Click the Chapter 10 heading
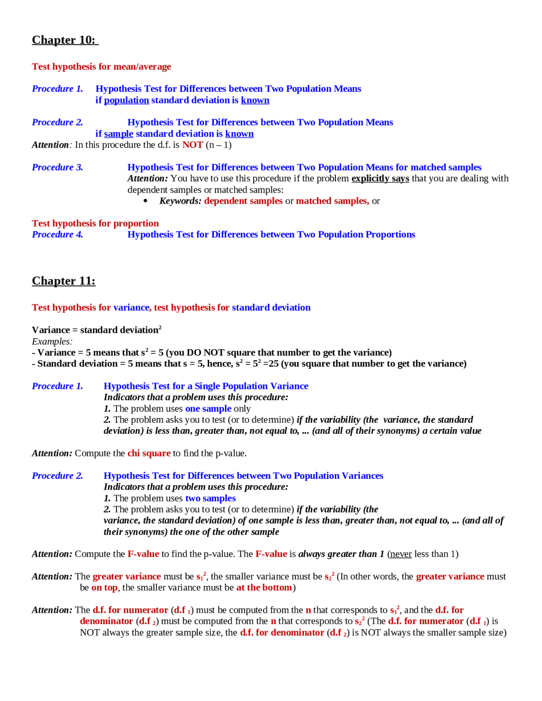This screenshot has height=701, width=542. pos(64,40)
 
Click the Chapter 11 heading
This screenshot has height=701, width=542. pos(64,281)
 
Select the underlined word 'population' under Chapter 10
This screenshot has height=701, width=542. pos(126,100)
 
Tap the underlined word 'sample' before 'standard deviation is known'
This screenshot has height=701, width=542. pos(119,134)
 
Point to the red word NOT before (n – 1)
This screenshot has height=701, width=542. pos(193,145)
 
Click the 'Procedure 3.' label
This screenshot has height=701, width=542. pos(57,167)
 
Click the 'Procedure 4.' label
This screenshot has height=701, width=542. pos(57,235)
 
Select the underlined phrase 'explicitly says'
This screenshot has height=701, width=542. pos(380,179)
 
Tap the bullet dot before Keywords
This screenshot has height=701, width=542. pos(146,201)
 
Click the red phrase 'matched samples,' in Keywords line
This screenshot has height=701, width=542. pos(332,201)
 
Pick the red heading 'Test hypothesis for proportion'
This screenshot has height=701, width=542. pos(95,224)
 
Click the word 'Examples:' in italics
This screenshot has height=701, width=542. pos(52,342)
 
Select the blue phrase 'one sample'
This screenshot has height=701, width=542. pos(208,409)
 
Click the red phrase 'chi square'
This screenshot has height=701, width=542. pos(149,453)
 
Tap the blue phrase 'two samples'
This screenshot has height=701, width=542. pos(210,498)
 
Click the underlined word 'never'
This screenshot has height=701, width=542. pos(401,554)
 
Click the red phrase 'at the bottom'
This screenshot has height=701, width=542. pos(264,588)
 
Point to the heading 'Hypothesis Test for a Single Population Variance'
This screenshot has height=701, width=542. pos(206,386)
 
